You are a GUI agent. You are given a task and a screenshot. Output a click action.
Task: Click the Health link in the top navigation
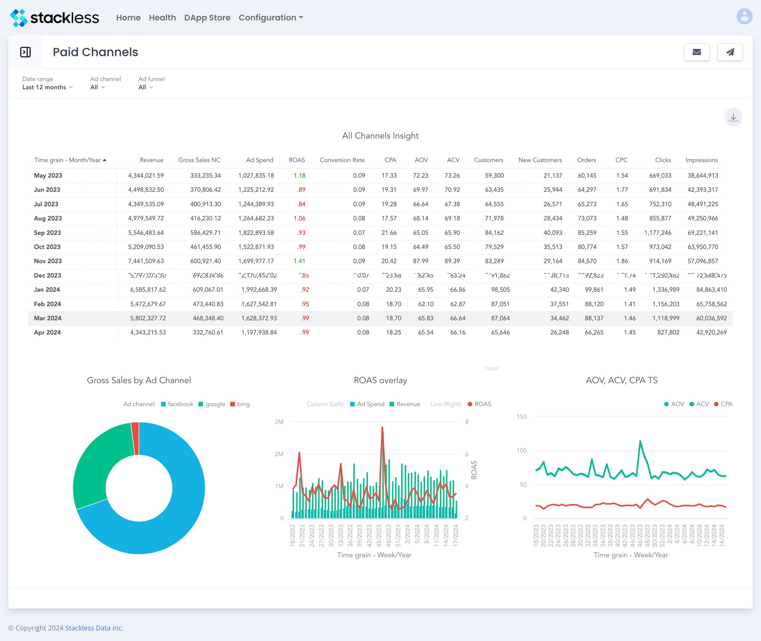(162, 18)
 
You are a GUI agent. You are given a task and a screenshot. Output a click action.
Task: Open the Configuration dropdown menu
(271, 18)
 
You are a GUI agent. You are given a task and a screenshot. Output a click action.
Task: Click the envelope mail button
(696, 52)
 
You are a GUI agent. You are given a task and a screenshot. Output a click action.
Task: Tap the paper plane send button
(729, 52)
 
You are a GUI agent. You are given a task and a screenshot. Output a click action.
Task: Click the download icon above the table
(733, 117)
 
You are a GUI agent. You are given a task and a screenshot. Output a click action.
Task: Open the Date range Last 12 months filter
(47, 87)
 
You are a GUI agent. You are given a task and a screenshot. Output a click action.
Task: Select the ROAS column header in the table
(296, 160)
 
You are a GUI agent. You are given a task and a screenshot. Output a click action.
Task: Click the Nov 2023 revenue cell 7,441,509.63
(146, 261)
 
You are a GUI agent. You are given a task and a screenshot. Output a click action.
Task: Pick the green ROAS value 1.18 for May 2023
(299, 175)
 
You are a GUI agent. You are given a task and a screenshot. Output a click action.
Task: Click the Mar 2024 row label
(48, 318)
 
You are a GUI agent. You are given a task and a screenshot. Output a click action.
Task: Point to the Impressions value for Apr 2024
(711, 332)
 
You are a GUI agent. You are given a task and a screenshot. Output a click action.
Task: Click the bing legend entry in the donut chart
(240, 404)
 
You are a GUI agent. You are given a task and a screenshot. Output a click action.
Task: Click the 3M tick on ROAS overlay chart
(279, 422)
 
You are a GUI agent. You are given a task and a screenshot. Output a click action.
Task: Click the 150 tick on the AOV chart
(521, 417)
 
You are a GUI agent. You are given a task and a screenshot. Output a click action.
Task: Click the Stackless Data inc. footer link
(94, 628)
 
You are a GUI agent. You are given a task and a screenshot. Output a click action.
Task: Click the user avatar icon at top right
(744, 17)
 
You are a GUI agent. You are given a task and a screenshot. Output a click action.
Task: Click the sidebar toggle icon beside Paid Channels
(25, 52)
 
